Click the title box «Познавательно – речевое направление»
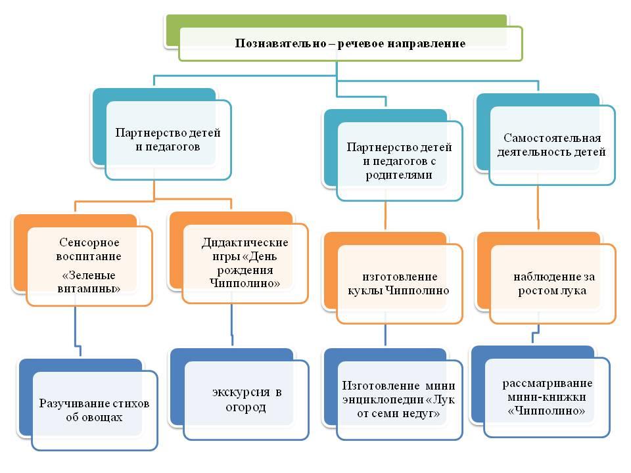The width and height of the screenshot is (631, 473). (x=350, y=43)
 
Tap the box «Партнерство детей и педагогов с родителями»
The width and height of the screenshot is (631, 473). (x=400, y=161)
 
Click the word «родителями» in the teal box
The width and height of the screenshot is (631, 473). (x=399, y=175)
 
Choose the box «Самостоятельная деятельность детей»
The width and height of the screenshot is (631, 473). (x=553, y=145)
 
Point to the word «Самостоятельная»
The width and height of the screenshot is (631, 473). (x=552, y=138)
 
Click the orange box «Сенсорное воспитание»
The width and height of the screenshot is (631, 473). (x=89, y=266)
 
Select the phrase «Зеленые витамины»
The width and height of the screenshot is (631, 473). (x=89, y=282)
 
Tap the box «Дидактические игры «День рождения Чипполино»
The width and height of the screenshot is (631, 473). (x=245, y=263)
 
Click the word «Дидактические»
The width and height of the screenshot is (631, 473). (x=245, y=242)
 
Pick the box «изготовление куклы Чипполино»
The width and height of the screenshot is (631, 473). (x=400, y=284)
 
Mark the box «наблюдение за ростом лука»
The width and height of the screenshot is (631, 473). (x=553, y=284)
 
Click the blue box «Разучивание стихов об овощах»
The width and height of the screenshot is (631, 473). (x=95, y=410)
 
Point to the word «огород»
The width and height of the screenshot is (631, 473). (x=245, y=407)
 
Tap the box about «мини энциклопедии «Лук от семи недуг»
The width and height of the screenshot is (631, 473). (x=400, y=400)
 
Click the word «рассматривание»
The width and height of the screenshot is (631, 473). (x=548, y=383)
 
